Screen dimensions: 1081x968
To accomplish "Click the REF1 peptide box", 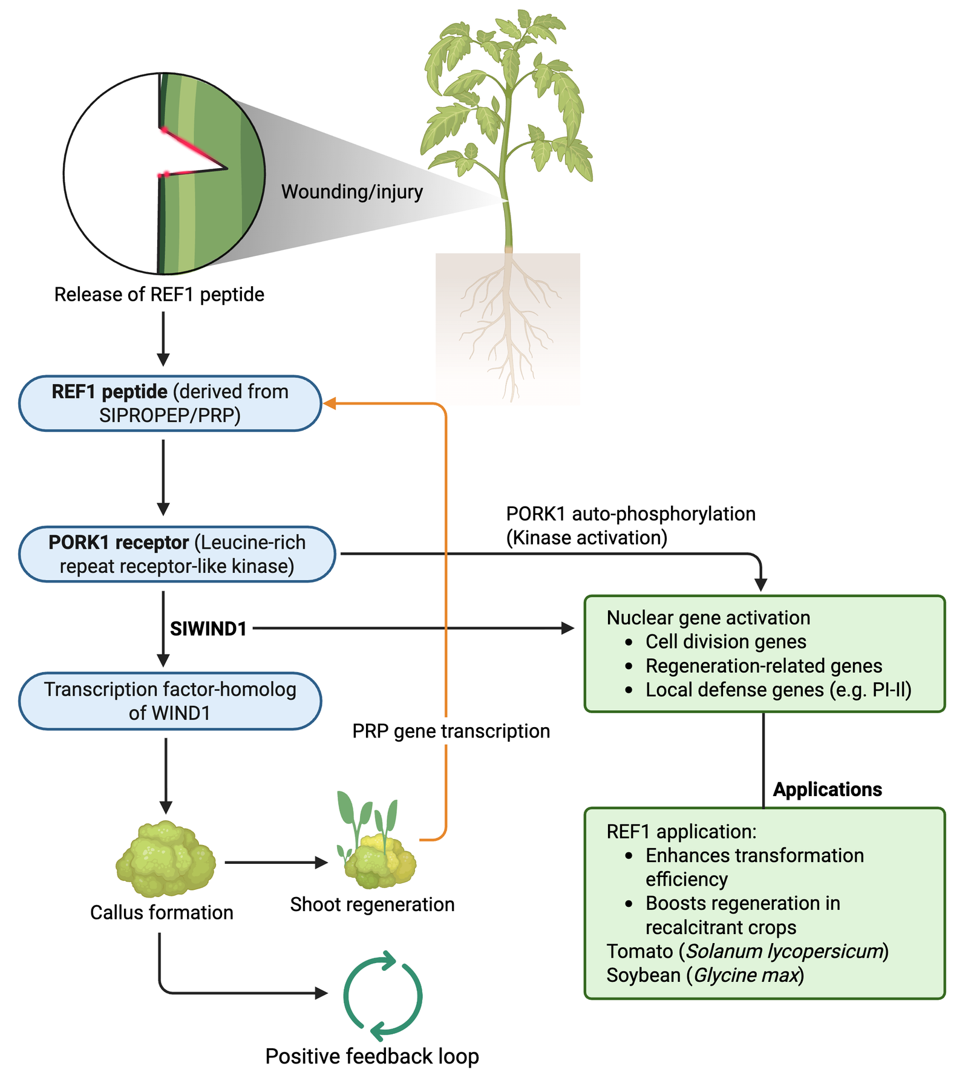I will (170, 403).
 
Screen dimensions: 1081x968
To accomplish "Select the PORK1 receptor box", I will (177, 554).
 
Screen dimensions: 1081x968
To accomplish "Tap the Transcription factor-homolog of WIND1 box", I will (170, 701).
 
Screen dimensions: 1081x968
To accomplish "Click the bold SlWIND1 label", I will (208, 629).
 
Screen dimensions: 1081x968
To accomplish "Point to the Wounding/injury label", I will (352, 192).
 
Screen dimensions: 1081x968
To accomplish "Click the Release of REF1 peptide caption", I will (159, 295).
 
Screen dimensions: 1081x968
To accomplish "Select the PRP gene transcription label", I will (451, 731).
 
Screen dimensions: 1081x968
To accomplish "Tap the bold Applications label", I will (827, 789).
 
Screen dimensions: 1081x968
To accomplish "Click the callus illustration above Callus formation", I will (165, 859).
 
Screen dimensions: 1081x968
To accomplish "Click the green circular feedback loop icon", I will (382, 996).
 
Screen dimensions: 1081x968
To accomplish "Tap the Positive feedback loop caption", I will (372, 1056).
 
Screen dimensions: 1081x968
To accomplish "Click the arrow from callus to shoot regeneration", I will (276, 863).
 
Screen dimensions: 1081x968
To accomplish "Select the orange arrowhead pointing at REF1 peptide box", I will (330, 403).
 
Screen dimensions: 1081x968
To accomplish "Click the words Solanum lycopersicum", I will (783, 951).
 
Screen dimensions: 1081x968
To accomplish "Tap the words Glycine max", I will (746, 975).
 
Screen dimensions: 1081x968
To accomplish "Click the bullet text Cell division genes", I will (725, 641).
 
